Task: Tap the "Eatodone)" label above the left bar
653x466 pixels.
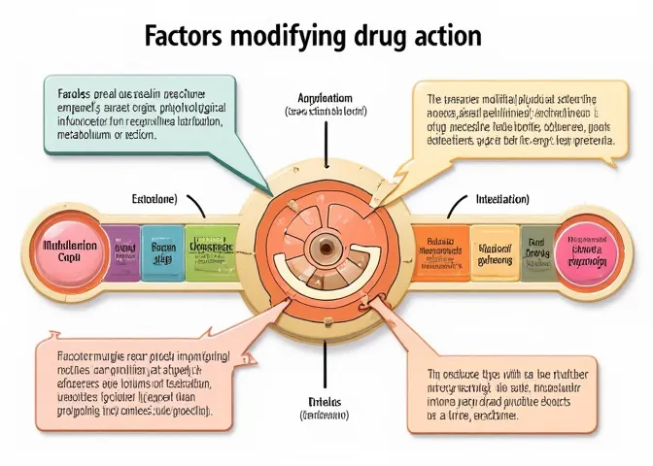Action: (154, 198)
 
